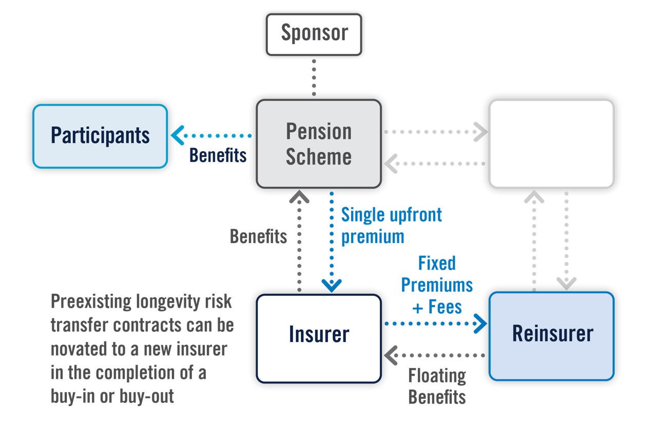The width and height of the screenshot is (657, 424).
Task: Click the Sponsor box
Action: [314, 34]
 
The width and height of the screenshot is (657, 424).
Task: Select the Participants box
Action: [100, 136]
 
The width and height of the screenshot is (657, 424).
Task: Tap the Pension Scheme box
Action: [319, 144]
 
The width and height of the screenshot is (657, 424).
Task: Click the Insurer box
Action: [319, 338]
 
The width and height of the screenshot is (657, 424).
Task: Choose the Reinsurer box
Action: [552, 336]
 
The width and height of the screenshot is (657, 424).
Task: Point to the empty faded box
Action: [552, 144]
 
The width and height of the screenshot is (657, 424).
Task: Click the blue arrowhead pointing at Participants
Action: [178, 135]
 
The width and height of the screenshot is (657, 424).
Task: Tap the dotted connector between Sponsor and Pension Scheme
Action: [314, 77]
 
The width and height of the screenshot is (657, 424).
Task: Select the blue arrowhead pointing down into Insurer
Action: [332, 286]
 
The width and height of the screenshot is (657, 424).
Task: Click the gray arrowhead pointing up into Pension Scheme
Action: [299, 197]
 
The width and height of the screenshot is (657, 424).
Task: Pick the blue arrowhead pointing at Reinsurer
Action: [480, 324]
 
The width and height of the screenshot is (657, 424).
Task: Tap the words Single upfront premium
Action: [391, 226]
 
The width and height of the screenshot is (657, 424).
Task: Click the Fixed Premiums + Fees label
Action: [437, 285]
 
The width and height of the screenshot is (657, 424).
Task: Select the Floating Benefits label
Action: [437, 386]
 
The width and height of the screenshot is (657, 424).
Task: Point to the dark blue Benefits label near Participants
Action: [218, 155]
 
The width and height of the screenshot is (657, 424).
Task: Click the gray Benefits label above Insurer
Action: [258, 236]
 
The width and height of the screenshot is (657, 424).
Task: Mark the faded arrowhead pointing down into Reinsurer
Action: [566, 284]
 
